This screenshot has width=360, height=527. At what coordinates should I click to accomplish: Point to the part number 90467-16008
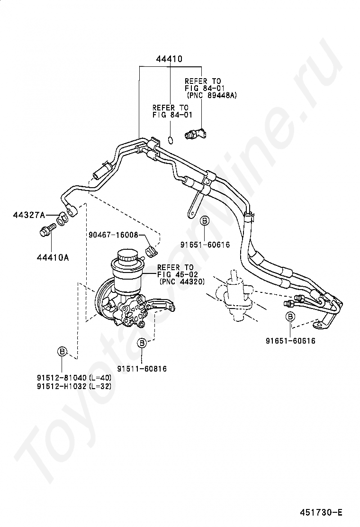point(113,235)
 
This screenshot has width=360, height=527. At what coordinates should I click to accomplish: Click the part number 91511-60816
point(142,368)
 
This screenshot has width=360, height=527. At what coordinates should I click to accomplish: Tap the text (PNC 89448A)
point(212,95)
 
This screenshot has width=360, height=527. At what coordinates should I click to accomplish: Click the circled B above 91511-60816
point(142,344)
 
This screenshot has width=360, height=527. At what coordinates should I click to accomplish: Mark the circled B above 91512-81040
point(62,351)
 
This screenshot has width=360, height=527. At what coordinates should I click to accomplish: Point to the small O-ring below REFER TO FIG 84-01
point(171,140)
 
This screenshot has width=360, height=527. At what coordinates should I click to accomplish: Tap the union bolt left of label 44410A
point(46,231)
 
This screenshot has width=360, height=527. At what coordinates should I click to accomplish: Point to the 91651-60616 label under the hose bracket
point(204,245)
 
